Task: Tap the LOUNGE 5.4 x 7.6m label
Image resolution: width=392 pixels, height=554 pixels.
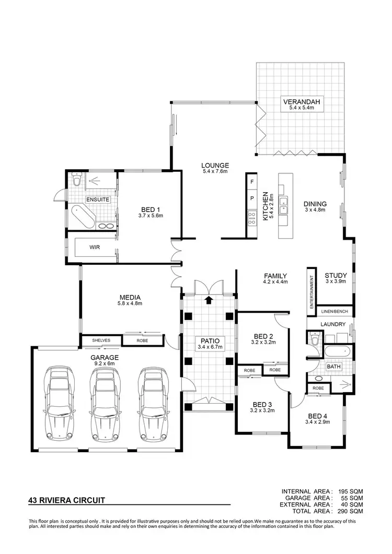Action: pos(214,168)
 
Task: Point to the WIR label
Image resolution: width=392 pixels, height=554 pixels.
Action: pos(95,247)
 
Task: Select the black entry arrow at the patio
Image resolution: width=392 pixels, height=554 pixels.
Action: pos(209,300)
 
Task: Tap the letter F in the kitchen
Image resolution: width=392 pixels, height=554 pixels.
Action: pos(252,182)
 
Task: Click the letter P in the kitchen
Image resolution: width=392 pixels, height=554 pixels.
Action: pos(252,198)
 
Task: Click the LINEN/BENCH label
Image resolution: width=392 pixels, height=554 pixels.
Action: pos(335,311)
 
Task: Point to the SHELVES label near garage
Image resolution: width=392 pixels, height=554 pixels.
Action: pos(101,340)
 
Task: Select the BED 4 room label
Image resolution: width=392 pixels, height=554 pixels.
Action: pos(318,416)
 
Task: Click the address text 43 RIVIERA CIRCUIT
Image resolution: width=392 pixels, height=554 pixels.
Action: pos(66,500)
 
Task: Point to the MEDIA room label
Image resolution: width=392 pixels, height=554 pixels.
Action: pos(130,299)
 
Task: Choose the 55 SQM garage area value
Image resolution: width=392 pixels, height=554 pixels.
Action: pos(352,498)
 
